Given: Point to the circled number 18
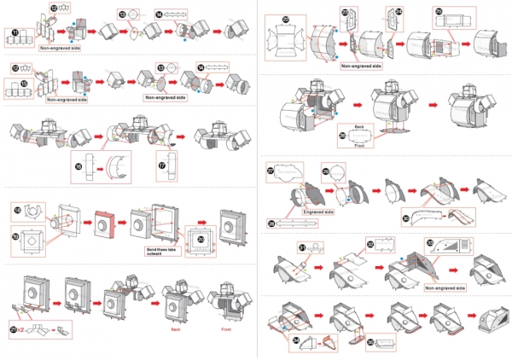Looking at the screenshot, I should click(x=17, y=208).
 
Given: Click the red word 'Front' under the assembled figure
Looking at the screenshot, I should click(x=227, y=328).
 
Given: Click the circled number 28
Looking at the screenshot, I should click(x=271, y=223).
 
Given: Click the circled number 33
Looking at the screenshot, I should click(x=429, y=243).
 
